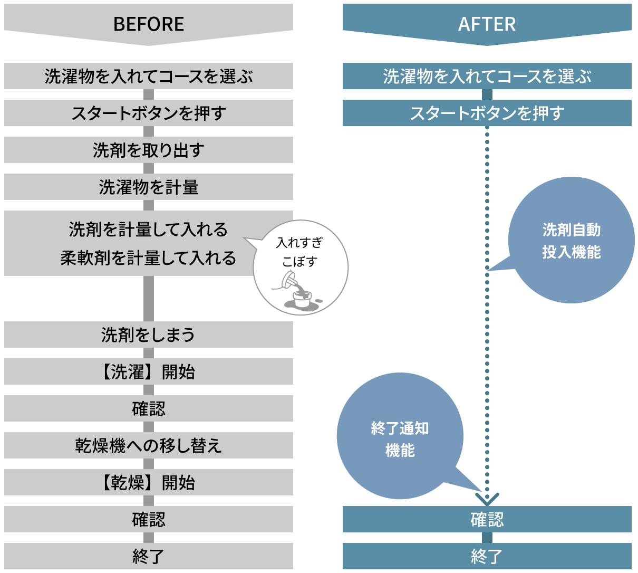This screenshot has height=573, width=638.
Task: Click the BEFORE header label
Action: point(149,24)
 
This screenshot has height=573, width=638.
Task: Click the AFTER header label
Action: point(487,24)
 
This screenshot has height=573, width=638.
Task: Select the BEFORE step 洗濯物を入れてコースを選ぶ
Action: point(149,77)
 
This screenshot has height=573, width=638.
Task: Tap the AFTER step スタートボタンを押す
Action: point(487,113)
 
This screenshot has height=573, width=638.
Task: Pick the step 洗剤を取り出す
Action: point(149,150)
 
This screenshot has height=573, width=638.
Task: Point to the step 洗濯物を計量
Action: point(149,187)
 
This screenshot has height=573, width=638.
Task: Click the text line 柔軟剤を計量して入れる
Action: point(148,258)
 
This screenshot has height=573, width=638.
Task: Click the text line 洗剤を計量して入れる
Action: point(148,230)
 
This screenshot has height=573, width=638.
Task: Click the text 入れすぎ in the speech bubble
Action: point(299,243)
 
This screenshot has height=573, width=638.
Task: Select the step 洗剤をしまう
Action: point(149,335)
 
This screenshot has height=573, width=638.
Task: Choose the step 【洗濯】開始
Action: point(149,372)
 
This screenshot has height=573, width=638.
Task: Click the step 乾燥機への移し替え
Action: point(149,446)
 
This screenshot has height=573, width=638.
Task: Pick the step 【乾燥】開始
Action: point(149,483)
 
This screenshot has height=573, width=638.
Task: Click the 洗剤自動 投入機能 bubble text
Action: point(572,241)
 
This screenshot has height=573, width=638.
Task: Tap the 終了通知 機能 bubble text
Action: point(400,439)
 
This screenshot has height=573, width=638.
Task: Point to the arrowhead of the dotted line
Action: point(487,498)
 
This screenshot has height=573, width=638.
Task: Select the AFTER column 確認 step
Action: point(487,520)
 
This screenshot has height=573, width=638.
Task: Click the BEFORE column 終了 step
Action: point(149,557)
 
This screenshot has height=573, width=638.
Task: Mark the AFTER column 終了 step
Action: point(487,557)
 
